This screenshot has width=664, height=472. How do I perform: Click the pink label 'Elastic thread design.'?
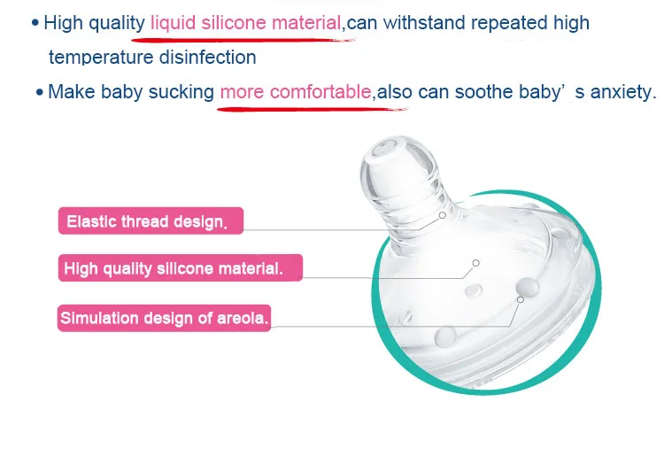[151, 221]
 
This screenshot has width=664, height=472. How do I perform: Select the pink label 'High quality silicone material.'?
[181, 267]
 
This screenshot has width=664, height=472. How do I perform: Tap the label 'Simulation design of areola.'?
[165, 318]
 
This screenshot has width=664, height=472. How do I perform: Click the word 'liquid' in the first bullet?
[174, 23]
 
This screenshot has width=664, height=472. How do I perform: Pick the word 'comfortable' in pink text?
[320, 91]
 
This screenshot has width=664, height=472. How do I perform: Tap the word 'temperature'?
[101, 58]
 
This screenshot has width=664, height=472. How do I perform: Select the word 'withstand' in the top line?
[424, 22]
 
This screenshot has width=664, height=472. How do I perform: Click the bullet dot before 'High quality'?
[35, 23]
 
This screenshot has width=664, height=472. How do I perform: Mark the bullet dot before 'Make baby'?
[39, 92]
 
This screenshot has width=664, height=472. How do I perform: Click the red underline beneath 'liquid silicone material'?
[243, 40]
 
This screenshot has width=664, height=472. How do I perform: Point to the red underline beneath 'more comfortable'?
[313, 109]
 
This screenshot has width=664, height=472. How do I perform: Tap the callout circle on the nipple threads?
[443, 215]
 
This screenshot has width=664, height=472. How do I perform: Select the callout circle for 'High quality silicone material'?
[476, 263]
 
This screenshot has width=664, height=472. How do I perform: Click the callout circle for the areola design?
[521, 299]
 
